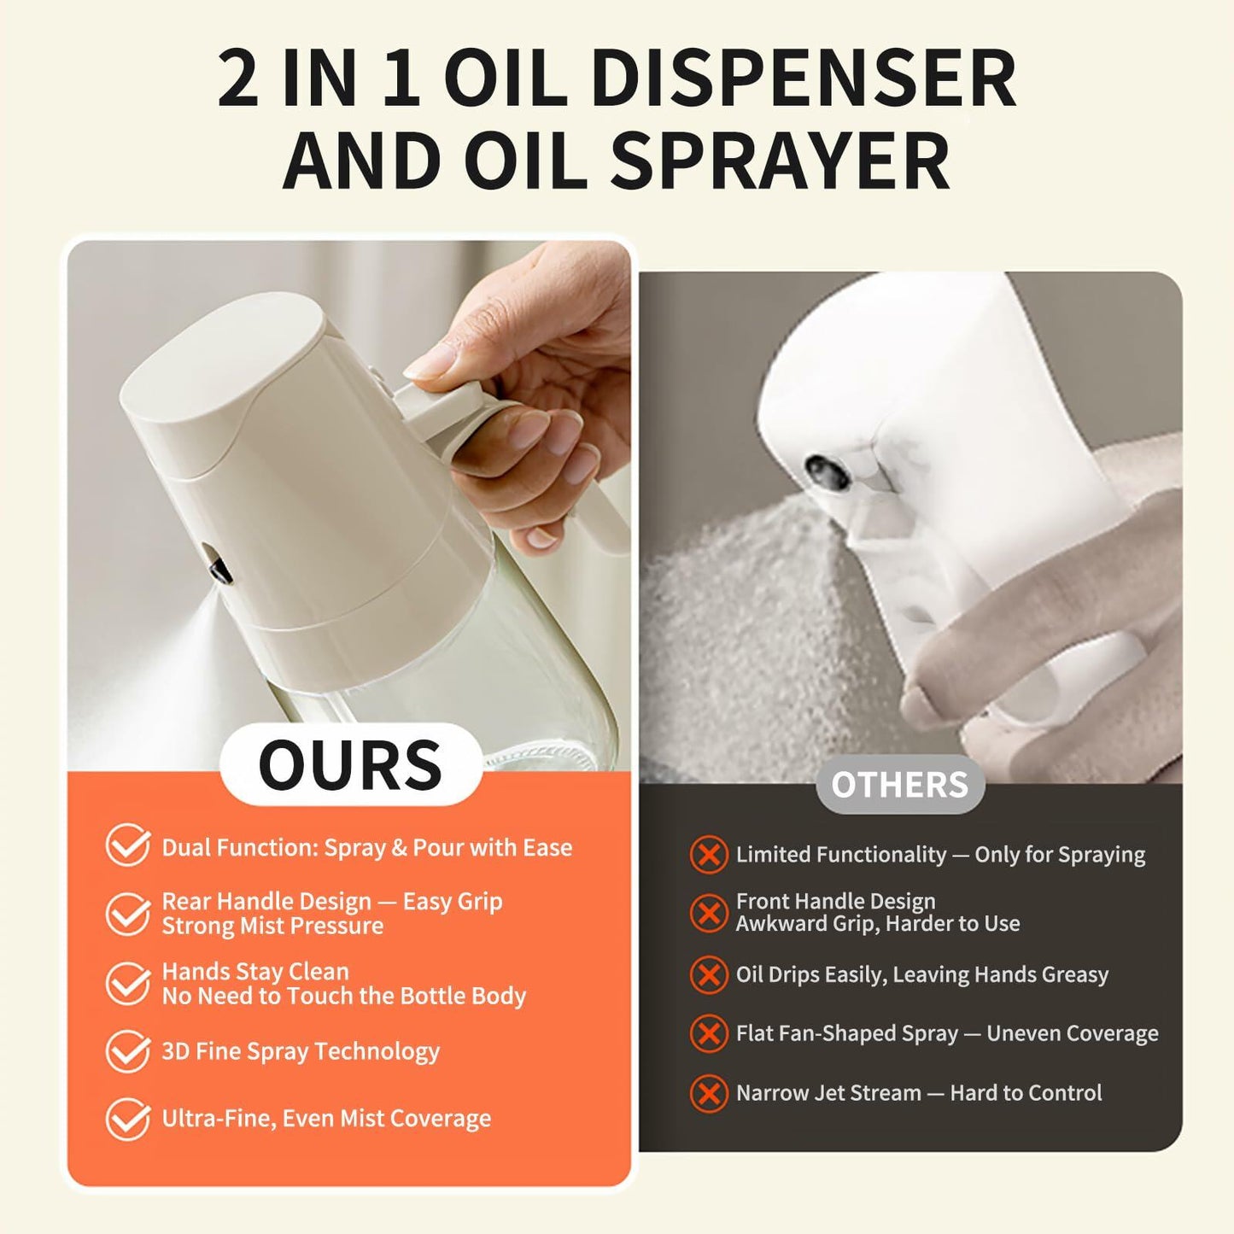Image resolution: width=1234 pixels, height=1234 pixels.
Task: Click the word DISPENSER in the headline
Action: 803,79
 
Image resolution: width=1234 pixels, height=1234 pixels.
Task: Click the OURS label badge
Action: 350,764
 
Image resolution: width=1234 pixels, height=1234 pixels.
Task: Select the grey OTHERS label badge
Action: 899,784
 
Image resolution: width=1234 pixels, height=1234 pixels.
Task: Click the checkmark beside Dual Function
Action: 128,845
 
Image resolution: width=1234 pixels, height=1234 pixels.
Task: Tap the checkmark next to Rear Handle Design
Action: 128,913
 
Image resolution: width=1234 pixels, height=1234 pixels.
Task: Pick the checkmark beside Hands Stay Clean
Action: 128,983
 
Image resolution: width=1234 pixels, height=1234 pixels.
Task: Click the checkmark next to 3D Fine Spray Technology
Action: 128,1050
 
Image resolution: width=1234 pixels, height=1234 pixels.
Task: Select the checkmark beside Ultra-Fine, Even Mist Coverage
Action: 128,1119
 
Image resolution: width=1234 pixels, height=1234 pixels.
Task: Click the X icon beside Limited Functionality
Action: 708,855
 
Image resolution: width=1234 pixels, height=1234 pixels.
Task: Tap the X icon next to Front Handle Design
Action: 708,913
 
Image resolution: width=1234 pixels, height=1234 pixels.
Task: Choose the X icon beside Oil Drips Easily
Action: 708,974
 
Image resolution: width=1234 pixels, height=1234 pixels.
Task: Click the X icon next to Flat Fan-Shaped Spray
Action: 708,1034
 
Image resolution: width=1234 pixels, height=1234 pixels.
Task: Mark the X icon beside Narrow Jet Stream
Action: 708,1094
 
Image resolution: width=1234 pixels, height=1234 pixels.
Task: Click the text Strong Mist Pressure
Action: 272,927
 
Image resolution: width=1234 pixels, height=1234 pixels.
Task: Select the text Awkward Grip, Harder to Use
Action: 877,924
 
